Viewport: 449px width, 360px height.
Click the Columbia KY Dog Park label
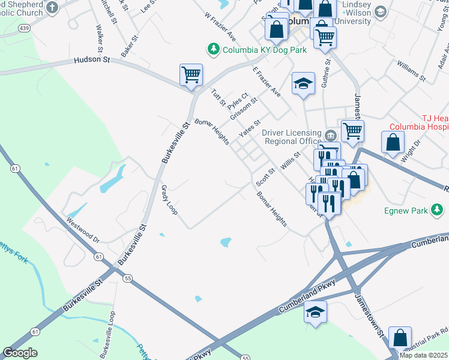264,50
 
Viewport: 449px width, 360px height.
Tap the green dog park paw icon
212,49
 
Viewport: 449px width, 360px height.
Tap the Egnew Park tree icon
439,210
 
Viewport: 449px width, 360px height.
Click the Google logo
20,353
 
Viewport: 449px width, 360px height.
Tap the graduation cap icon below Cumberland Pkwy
316,313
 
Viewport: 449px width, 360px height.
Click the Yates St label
249,128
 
